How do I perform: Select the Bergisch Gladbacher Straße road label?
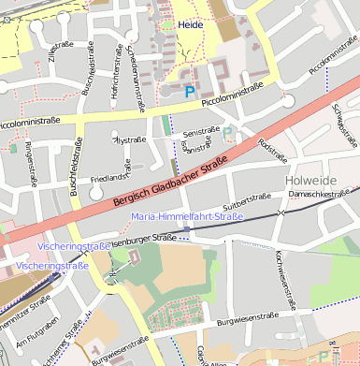[x=170, y=182]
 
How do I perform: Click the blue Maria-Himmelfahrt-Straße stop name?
[x=187, y=216]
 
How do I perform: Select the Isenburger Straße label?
[x=143, y=241]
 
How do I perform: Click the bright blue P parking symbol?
[x=190, y=92]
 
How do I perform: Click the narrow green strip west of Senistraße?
[x=166, y=124]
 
